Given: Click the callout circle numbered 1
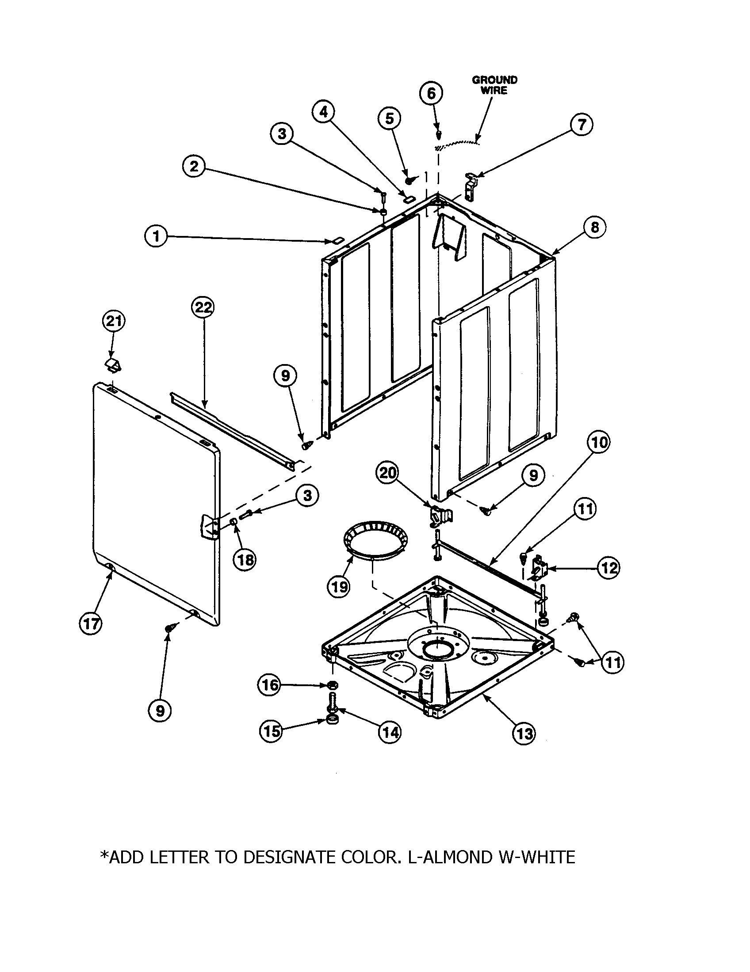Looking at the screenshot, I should (155, 236).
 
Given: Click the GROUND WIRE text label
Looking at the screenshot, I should (494, 85).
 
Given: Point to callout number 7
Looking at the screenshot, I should (582, 125).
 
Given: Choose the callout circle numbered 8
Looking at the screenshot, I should (595, 228).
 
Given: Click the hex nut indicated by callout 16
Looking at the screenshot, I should (332, 684).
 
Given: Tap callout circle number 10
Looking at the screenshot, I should (599, 442).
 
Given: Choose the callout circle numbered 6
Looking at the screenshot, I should (431, 94).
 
